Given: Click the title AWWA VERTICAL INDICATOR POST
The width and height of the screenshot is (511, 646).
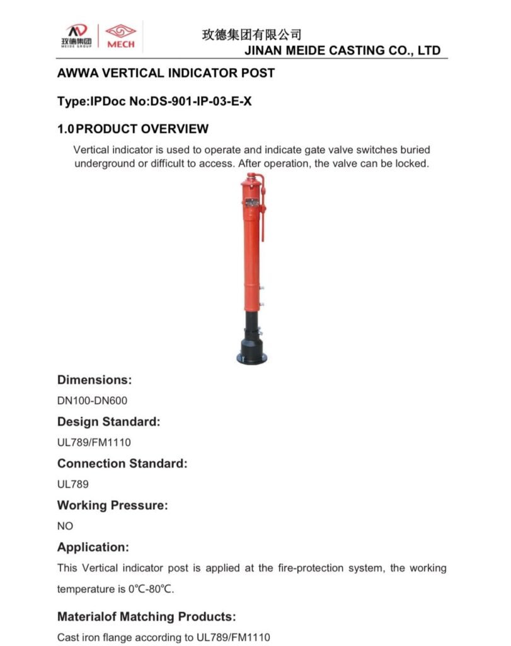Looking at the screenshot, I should click(x=166, y=73).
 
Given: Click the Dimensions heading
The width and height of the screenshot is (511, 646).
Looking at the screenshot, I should click(x=95, y=380).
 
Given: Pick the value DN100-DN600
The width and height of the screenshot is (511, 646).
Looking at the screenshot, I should click(x=93, y=401).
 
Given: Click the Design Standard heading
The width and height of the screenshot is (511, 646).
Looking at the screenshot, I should click(x=108, y=421).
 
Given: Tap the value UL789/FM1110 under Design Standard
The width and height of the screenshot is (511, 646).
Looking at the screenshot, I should click(x=94, y=442).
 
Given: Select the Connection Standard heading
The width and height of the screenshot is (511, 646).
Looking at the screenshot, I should click(x=122, y=463).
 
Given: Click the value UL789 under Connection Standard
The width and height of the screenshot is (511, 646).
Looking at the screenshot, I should click(x=73, y=484).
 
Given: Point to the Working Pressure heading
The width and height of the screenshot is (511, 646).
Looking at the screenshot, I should click(x=112, y=505).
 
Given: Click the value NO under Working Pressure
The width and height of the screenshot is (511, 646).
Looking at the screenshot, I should click(x=66, y=526).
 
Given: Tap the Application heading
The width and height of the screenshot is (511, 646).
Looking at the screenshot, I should click(x=93, y=547).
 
